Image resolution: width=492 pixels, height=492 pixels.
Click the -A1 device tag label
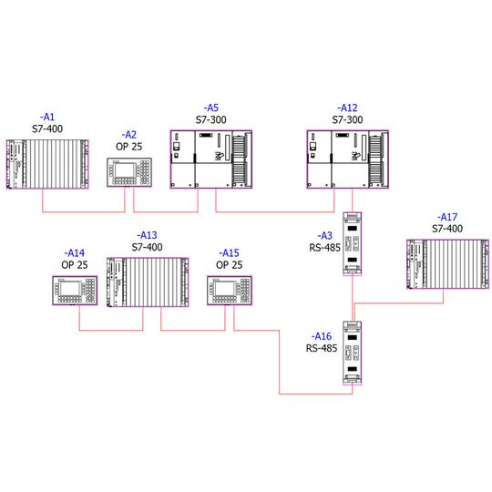47,117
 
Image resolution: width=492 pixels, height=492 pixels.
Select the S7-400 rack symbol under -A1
47,164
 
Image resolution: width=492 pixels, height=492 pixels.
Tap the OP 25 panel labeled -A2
129,172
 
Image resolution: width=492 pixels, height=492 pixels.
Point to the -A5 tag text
210,108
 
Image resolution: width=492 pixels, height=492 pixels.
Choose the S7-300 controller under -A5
211,159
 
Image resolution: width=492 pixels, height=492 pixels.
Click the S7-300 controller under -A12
348,159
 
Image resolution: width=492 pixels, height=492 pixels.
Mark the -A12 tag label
347,108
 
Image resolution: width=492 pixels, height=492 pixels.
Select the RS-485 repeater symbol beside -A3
352,244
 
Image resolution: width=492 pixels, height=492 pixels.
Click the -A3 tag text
324,236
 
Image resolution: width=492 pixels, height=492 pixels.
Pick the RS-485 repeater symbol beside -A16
352,353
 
